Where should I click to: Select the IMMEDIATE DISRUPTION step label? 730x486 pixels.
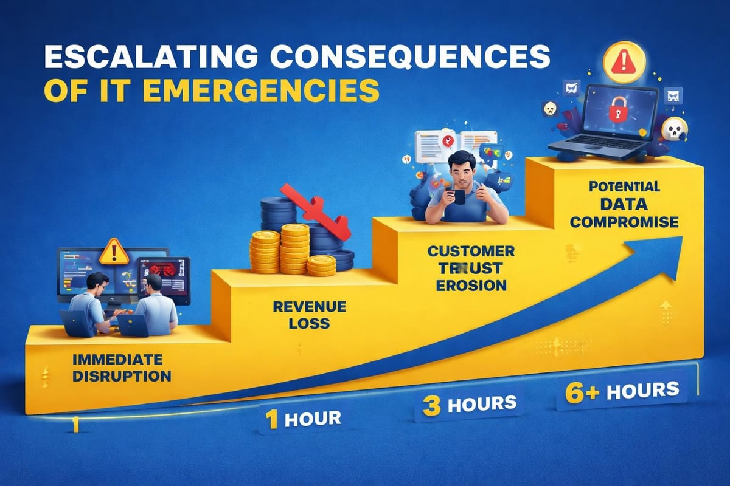(121, 366)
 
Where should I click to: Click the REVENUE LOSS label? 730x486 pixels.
(302, 315)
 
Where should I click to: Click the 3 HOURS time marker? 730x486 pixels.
(469, 403)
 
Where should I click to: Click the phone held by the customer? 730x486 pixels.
(458, 197)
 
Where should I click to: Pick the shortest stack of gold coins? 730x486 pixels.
(321, 265)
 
